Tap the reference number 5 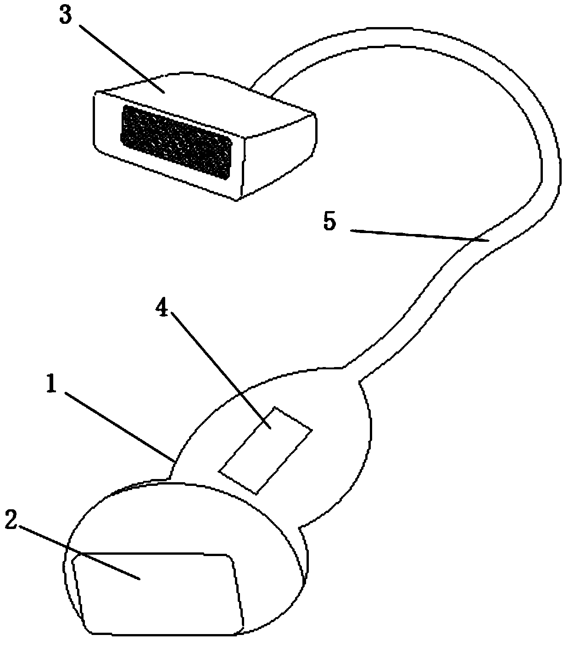click(329, 222)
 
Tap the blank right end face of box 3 click(280, 156)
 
